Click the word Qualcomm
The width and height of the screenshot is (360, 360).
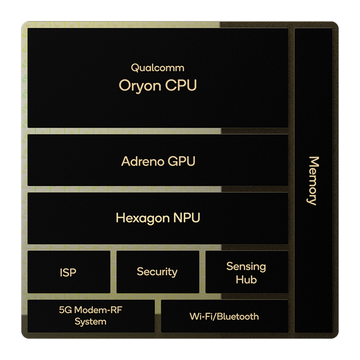pyautogui.click(x=157, y=68)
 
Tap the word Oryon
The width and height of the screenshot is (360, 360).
pyautogui.click(x=140, y=86)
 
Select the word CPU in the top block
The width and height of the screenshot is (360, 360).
pyautogui.click(x=181, y=85)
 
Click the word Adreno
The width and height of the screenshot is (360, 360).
pyautogui.click(x=142, y=161)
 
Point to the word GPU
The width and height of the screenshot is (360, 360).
pyautogui.click(x=181, y=161)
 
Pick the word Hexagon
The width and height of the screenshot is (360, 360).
pyautogui.click(x=143, y=218)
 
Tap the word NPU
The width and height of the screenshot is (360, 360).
pyautogui.click(x=187, y=218)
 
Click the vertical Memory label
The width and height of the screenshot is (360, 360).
pyautogui.click(x=313, y=181)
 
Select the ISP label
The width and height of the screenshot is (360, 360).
pyautogui.click(x=68, y=272)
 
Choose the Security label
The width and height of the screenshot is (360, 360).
pyautogui.click(x=157, y=272)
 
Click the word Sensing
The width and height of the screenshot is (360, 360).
pyautogui.click(x=246, y=267)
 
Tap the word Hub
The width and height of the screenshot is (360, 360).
pyautogui.click(x=246, y=280)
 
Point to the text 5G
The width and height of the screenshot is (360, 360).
pyautogui.click(x=65, y=310)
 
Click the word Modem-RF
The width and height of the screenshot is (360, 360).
pyautogui.click(x=98, y=310)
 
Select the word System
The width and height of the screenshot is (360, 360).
pyautogui.click(x=91, y=322)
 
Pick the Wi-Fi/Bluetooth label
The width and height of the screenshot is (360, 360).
pyautogui.click(x=224, y=316)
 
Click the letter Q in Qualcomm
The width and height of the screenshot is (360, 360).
pyautogui.click(x=134, y=68)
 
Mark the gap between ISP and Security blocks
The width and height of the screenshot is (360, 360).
pyautogui.click(x=113, y=272)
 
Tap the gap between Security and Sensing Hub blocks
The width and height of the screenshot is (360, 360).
pyautogui.click(x=202, y=272)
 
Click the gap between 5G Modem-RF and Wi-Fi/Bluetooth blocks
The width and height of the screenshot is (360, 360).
pyautogui.click(x=158, y=316)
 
